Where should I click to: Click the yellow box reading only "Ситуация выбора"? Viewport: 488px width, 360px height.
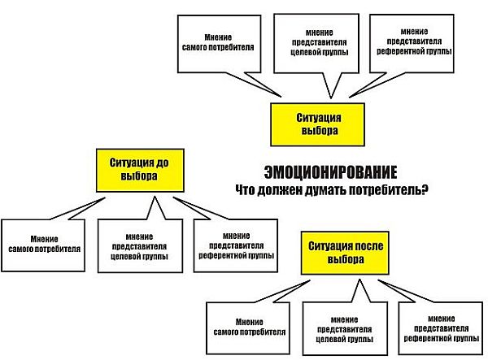pyautogui.click(x=317, y=124)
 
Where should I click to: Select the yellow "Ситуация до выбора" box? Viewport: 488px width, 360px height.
pyautogui.click(x=140, y=170)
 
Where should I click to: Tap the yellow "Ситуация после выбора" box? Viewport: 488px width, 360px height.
pyautogui.click(x=345, y=253)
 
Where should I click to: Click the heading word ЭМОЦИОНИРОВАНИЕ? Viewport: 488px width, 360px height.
pyautogui.click(x=330, y=172)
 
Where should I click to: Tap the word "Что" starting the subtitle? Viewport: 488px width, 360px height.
pyautogui.click(x=246, y=189)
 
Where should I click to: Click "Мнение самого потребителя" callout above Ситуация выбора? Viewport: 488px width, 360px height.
pyautogui.click(x=219, y=44)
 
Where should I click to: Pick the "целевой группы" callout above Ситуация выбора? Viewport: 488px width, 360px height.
pyautogui.click(x=316, y=43)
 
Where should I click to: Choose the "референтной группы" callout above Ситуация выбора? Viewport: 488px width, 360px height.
pyautogui.click(x=412, y=43)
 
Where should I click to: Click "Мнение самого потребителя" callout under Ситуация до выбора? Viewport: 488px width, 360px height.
pyautogui.click(x=43, y=245)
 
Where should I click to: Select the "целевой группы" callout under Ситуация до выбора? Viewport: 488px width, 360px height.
pyautogui.click(x=140, y=246)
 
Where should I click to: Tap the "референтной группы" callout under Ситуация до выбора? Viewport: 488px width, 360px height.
pyautogui.click(x=236, y=245)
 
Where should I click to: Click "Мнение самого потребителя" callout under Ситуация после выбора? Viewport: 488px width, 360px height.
pyautogui.click(x=248, y=328)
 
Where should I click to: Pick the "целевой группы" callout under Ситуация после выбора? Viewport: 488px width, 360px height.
pyautogui.click(x=345, y=328)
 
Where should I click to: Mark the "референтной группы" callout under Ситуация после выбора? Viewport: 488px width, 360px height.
pyautogui.click(x=441, y=328)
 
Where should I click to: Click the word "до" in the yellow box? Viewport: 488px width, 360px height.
pyautogui.click(x=161, y=163)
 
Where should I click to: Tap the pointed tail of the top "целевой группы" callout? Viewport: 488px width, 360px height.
pyautogui.click(x=330, y=98)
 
